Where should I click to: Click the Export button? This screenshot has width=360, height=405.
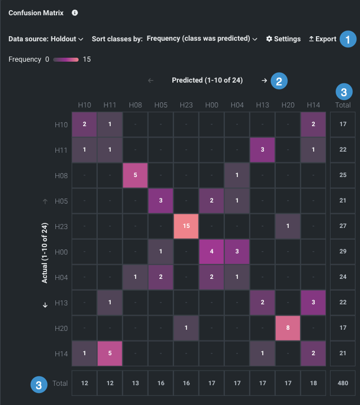(x=322, y=39)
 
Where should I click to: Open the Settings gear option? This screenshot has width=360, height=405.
(x=283, y=39)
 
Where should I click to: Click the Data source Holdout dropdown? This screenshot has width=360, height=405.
(x=46, y=39)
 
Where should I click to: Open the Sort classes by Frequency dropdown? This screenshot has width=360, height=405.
(x=202, y=39)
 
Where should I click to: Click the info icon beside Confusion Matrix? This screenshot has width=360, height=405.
(x=75, y=12)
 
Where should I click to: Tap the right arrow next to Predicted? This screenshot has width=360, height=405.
(x=264, y=80)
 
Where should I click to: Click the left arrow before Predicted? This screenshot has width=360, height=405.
(x=150, y=80)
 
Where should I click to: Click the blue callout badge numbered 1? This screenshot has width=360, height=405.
(x=348, y=40)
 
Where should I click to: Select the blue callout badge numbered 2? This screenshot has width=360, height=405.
(x=279, y=81)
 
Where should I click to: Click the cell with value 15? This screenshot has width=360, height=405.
(x=186, y=226)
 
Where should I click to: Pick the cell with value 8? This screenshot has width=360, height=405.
(x=288, y=329)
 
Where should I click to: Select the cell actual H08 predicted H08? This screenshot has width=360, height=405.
(x=135, y=175)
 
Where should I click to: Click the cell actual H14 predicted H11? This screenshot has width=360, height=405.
(x=110, y=354)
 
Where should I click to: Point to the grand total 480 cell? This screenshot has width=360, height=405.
(x=342, y=384)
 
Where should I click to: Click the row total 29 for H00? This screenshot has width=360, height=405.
(x=342, y=252)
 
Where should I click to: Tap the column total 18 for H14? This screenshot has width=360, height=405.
(x=313, y=384)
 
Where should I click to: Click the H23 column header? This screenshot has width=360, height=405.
(x=186, y=105)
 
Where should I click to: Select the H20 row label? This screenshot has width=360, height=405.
(x=62, y=329)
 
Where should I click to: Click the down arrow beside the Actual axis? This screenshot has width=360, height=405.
(x=45, y=305)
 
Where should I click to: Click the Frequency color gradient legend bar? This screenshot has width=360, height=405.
(x=66, y=59)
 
